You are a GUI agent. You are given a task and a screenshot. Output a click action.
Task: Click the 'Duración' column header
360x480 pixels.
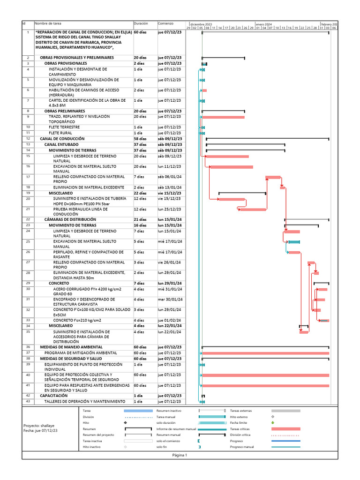141,23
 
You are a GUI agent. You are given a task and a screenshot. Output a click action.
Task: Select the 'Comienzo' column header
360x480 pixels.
165,23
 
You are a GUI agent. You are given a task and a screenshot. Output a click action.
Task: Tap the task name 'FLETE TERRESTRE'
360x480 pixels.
64,127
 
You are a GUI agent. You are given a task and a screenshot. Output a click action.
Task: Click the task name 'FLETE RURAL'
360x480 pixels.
60,133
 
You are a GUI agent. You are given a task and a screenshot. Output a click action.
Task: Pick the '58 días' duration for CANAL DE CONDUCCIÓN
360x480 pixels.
140,139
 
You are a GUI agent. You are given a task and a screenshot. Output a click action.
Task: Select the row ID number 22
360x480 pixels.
28,219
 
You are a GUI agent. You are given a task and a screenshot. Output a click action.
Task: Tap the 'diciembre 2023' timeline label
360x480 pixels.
201,24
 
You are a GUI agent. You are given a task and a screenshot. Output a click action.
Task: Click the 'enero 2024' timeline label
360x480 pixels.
264,24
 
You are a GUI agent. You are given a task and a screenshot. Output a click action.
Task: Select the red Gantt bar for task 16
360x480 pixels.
231,167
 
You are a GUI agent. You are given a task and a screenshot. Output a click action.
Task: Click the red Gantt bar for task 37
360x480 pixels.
265,353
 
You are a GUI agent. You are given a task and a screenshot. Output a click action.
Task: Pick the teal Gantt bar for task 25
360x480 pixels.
294,242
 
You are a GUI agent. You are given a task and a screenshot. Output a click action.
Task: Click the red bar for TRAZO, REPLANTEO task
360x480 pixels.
223,117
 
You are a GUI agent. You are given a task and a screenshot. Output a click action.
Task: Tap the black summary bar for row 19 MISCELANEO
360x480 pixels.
242,193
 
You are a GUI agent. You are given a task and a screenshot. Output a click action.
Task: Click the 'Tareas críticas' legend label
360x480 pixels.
240,429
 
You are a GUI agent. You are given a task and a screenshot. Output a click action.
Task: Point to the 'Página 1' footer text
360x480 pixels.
180,455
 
